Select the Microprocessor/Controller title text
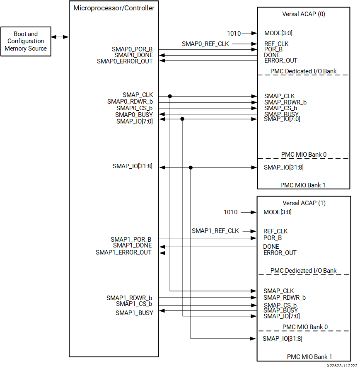[114, 8]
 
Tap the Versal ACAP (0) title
[303, 14]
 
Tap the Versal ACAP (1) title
[303, 203]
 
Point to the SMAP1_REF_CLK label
[215, 231]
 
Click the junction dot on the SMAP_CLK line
[170, 96]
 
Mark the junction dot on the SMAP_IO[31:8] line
[191, 167]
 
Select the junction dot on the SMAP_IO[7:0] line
[182, 119]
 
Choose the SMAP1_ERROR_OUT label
[123, 252]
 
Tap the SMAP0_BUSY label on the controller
[134, 114]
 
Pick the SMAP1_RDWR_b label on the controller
[129, 298]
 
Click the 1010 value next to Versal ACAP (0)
[234, 33]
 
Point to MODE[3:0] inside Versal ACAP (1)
[277, 212]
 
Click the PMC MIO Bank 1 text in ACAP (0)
[302, 185]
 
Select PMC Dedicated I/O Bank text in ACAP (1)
[303, 271]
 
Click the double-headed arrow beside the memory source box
[60, 37]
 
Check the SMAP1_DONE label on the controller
[132, 245]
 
